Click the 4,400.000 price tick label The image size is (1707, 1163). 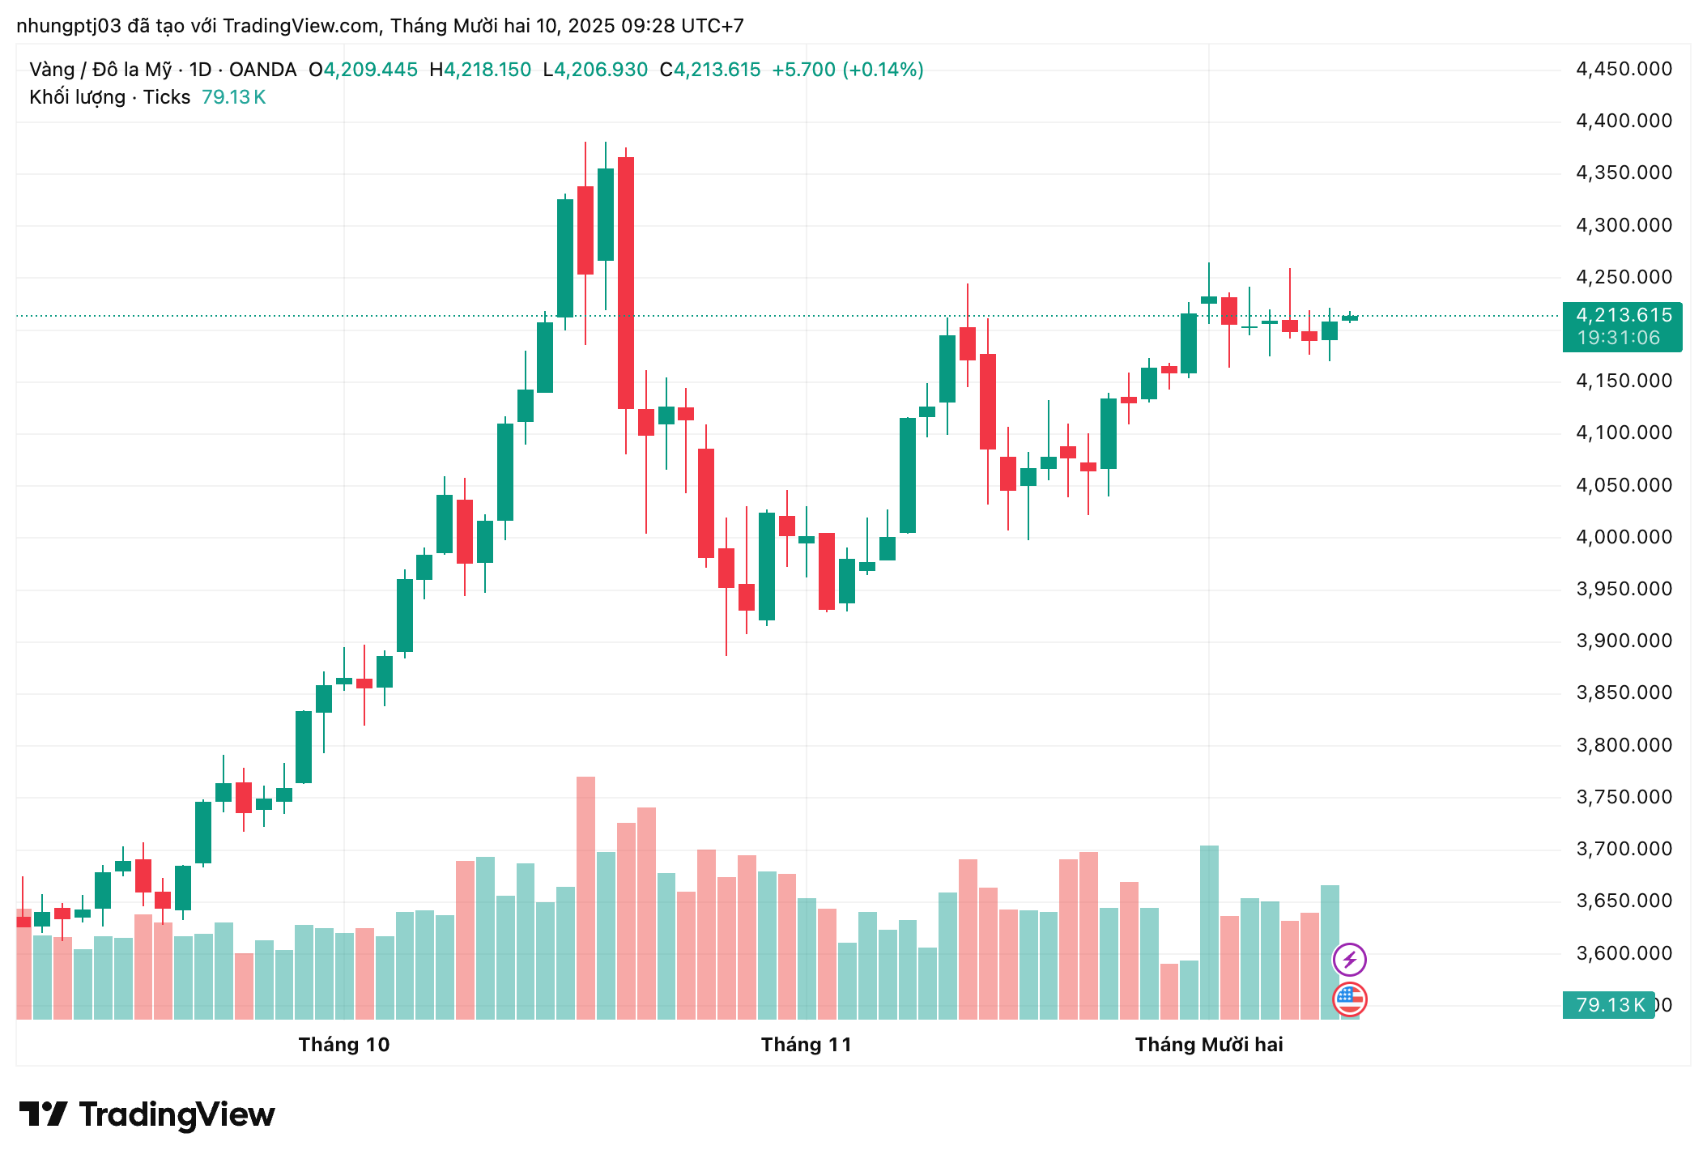1623,121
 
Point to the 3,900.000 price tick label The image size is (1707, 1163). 1623,641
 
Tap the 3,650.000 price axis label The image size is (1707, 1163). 1623,901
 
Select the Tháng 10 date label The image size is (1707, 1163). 344,1045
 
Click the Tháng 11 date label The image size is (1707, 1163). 806,1045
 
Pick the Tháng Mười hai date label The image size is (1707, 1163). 1208,1045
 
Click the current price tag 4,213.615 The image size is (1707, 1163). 1623,316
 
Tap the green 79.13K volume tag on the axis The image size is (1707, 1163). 1610,1005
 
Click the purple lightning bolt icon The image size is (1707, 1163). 1349,961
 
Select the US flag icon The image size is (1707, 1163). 1349,999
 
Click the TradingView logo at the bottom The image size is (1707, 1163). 147,1115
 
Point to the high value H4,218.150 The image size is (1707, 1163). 481,70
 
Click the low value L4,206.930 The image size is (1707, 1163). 596,70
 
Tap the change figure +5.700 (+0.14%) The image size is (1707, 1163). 847,70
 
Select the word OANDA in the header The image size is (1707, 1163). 262,70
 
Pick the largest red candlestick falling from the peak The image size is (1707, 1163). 626,283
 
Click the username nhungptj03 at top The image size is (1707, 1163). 69,26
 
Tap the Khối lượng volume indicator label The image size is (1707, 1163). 77,97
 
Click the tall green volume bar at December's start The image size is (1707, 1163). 1209,931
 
